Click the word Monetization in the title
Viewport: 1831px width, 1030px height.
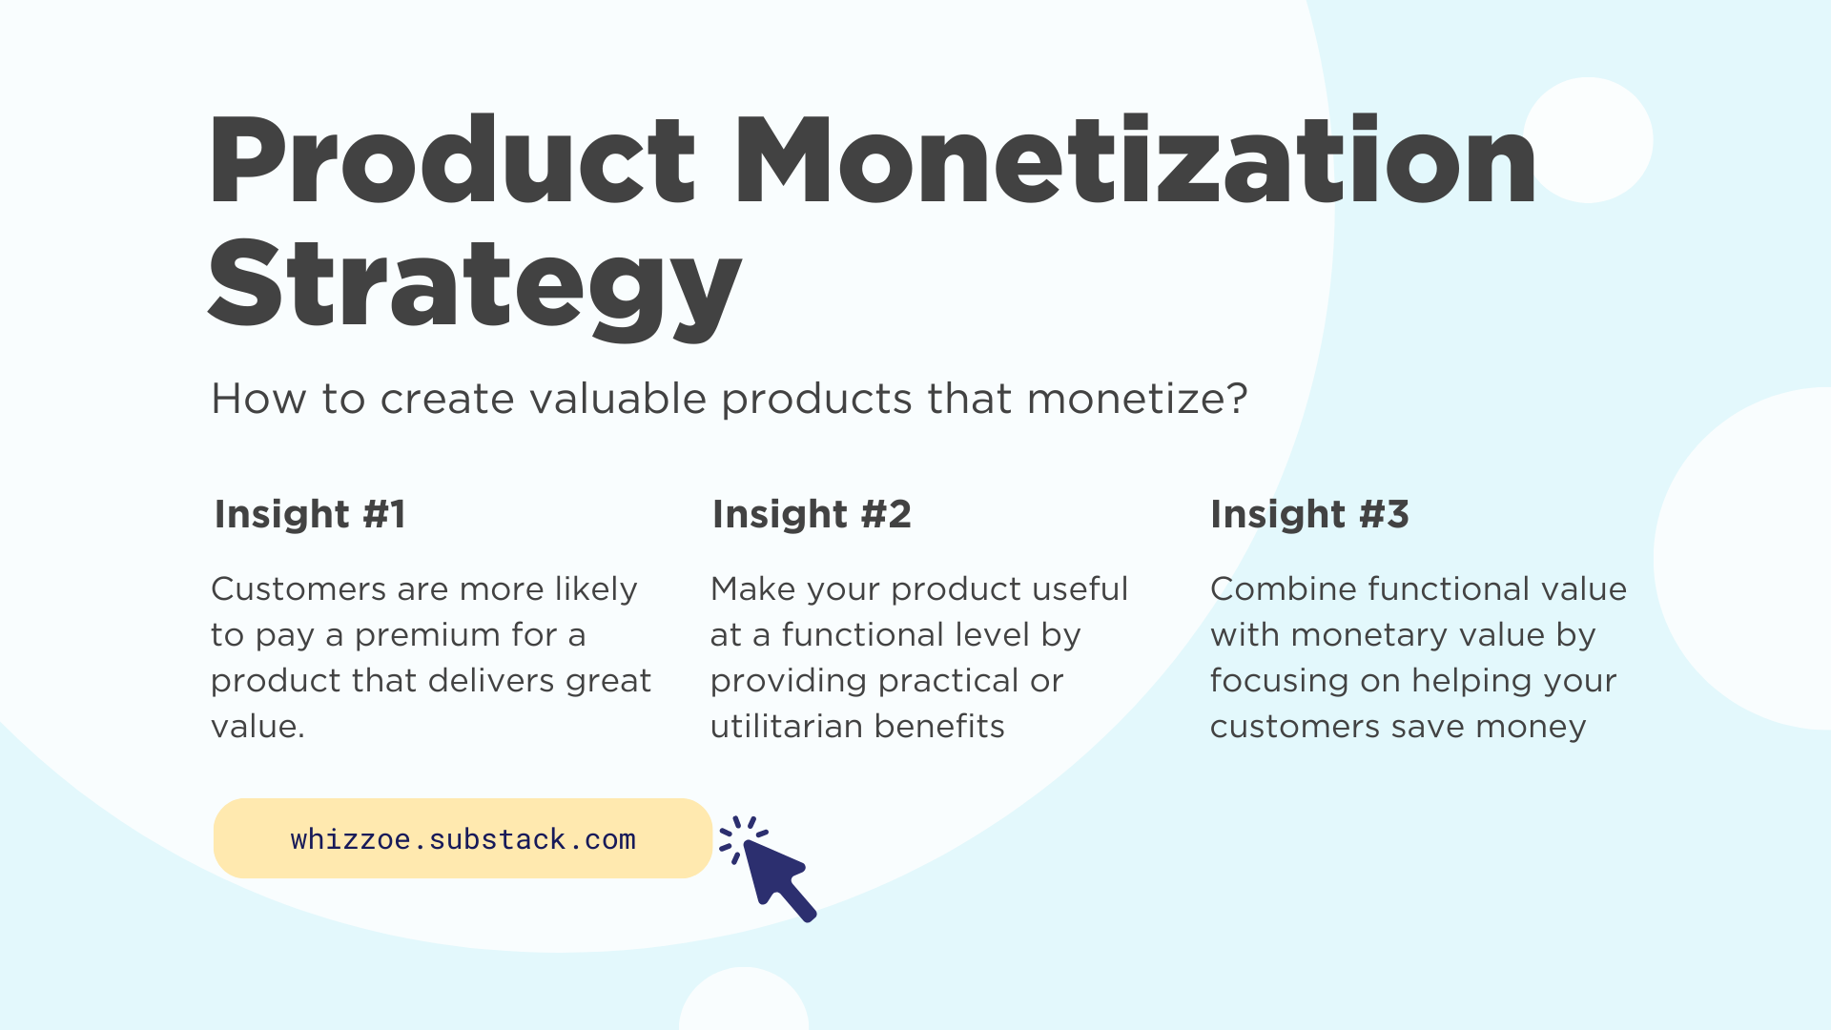pyautogui.click(x=1135, y=162)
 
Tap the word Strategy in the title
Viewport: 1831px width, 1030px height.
pyautogui.click(x=474, y=286)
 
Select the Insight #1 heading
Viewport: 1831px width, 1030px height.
pyautogui.click(x=310, y=514)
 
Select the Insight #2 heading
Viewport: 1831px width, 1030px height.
pyautogui.click(x=812, y=514)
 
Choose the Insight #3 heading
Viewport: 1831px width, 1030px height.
pyautogui.click(x=1309, y=514)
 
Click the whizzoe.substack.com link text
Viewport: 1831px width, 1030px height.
pyautogui.click(x=463, y=839)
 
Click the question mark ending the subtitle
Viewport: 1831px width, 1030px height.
pyautogui.click(x=1238, y=399)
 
